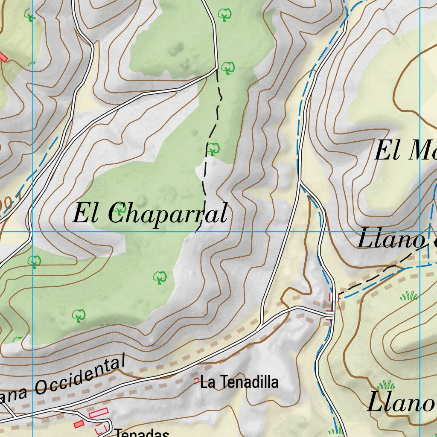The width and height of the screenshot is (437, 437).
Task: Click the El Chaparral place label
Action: pos(150,213)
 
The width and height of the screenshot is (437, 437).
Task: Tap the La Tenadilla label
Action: pos(239,382)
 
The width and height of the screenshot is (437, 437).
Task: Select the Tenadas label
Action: pos(142,433)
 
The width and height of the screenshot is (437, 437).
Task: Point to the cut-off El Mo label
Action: pos(405,151)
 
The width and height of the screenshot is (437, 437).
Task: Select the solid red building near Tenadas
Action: pos(79,424)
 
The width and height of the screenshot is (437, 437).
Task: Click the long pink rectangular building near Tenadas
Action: pos(98,413)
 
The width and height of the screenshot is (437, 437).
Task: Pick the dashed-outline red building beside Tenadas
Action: pos(101,428)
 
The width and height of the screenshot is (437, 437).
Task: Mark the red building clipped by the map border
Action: pos(3,57)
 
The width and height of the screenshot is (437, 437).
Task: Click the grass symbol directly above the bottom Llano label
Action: pos(386,385)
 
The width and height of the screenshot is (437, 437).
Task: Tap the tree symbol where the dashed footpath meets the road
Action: pos(228,67)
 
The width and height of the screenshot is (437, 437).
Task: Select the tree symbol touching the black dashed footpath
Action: pos(213,149)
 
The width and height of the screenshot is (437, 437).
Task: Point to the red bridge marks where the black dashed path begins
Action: pos(334,297)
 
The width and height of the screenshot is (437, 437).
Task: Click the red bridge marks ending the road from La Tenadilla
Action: pos(329,316)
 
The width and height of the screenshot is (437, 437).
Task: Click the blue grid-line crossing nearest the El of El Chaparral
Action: pos(32,232)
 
